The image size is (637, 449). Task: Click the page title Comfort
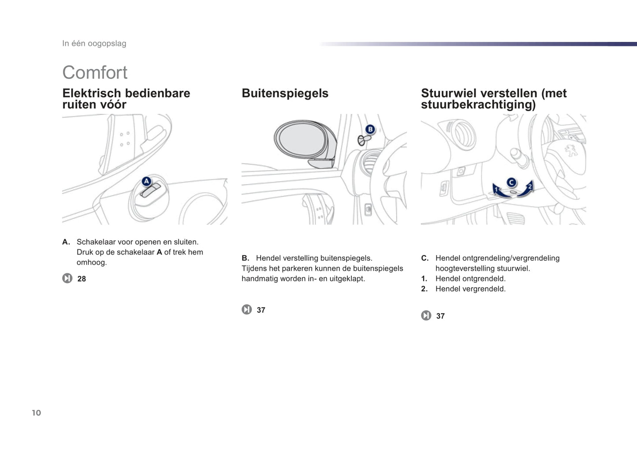click(95, 72)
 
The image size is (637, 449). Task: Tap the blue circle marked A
click(146, 181)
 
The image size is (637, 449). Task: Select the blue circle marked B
click(370, 130)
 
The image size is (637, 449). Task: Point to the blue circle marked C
click(511, 183)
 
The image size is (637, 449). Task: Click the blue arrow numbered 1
click(499, 191)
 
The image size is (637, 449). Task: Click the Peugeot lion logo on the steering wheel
click(571, 150)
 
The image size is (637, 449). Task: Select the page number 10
click(37, 413)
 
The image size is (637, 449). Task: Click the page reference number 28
click(82, 279)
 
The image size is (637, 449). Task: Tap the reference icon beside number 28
click(67, 278)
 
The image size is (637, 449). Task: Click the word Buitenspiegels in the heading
click(285, 94)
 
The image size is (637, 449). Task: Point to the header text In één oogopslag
click(94, 44)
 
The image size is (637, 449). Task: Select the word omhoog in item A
click(92, 262)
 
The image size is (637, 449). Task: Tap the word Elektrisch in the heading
click(92, 93)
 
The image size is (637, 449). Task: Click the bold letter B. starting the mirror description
click(246, 258)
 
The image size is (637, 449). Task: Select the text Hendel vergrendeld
click(471, 289)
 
